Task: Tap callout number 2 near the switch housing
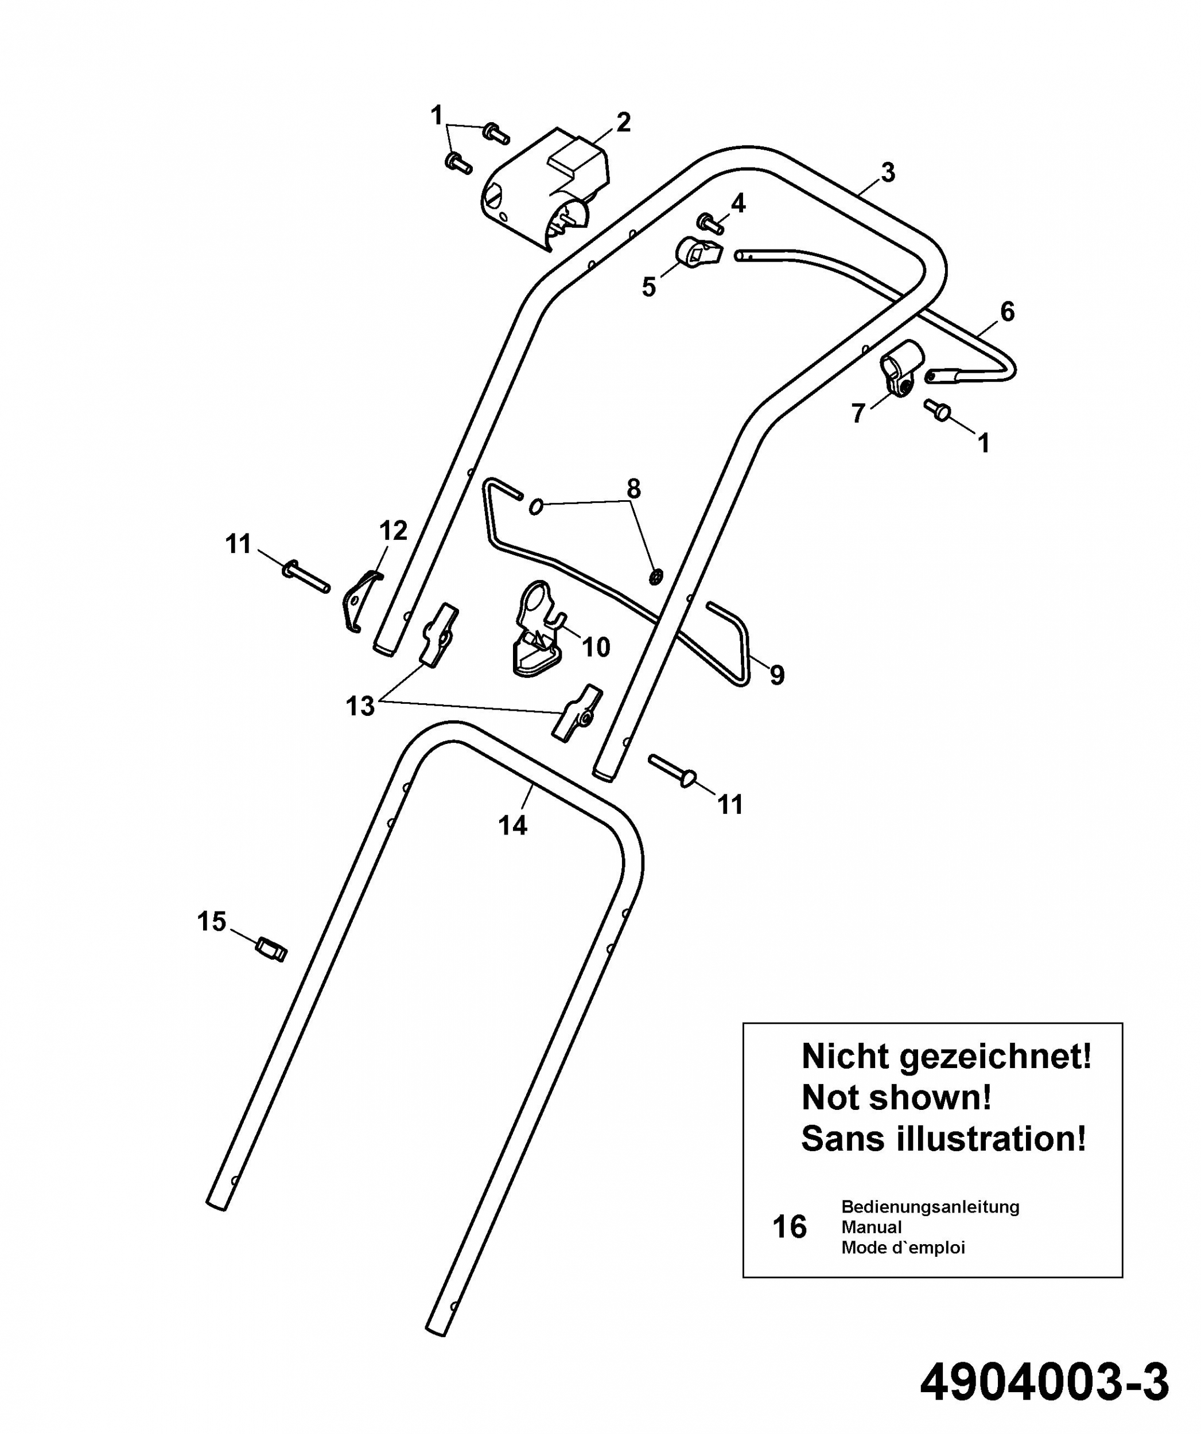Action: point(623,123)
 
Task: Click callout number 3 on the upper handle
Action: point(888,173)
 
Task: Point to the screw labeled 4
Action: point(710,223)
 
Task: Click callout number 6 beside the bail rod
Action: point(1007,312)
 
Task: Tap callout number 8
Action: point(633,489)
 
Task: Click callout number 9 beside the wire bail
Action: point(777,675)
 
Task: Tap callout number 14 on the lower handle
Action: point(512,825)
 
